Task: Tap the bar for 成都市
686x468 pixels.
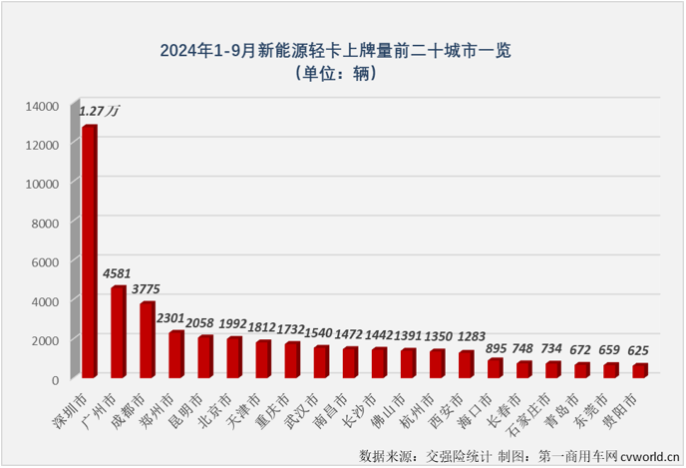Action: [x=147, y=339]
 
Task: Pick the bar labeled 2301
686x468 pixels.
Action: [x=175, y=354]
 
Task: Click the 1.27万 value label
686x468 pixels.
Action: [x=100, y=111]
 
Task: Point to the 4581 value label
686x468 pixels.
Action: [x=118, y=273]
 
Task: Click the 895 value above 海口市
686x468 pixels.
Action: [x=497, y=347]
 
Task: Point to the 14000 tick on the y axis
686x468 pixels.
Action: [x=43, y=105]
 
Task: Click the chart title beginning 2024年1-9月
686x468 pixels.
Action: [x=342, y=49]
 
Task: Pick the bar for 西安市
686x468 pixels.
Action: [x=466, y=364]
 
